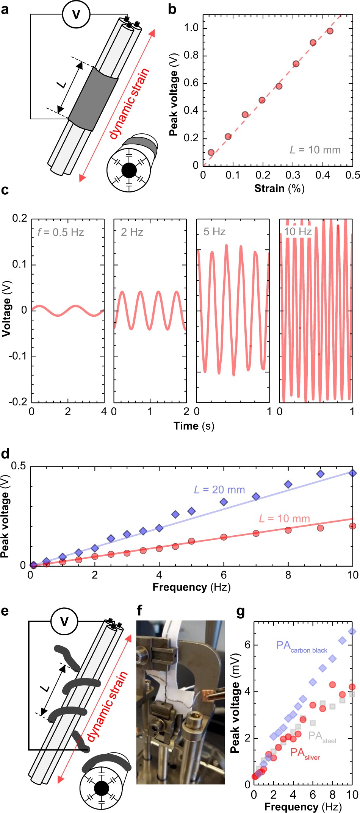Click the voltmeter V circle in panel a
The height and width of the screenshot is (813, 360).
pos(76,15)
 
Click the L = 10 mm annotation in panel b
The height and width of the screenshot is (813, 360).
pos(315,150)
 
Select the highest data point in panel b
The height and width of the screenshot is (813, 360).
pos(330,31)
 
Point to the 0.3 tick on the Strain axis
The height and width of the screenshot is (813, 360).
pos(293,175)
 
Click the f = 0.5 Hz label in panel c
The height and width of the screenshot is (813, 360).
pos(61,232)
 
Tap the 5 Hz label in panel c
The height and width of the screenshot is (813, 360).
pos(214,232)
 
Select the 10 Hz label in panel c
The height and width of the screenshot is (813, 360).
pos(298,231)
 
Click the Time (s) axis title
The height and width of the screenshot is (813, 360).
pos(194,426)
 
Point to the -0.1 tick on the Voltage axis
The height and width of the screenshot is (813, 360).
pos(19,356)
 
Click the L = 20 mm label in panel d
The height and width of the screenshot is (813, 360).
pos(219,490)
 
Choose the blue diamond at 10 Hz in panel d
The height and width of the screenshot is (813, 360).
pos(352,473)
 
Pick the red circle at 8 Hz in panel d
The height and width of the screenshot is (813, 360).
pos(288,530)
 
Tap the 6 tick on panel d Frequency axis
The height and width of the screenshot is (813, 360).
pos(224,575)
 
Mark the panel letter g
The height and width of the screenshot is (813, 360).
pos(240,611)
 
